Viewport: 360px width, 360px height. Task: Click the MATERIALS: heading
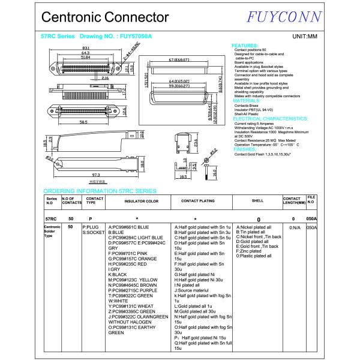247,101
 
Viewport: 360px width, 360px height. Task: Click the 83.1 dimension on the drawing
86,47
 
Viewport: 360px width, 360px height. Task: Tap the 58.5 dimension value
87,122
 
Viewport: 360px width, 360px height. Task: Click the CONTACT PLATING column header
198,202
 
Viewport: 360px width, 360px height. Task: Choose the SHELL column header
257,202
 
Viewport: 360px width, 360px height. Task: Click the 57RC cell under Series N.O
51,219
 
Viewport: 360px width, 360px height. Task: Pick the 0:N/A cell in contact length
295,228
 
